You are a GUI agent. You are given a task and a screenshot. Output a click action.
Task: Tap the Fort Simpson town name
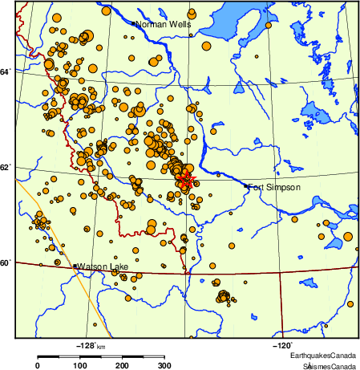point(274,187)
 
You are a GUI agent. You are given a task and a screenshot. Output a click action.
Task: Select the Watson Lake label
point(102,266)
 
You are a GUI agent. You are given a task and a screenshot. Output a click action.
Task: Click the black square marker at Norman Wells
point(133,24)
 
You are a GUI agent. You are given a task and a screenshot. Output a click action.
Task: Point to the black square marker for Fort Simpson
point(245,186)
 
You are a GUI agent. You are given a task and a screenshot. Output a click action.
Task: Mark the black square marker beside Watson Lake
point(75,266)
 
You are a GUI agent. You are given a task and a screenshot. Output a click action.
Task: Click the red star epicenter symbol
point(187,179)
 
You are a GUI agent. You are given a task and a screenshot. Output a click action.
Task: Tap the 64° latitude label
point(6,72)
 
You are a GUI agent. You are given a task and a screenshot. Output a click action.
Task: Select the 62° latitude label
point(6,167)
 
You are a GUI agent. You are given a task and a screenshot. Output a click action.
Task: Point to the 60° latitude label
point(6,262)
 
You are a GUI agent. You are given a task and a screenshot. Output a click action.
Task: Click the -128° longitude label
point(85,345)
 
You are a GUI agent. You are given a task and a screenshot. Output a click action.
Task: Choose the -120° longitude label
point(281,345)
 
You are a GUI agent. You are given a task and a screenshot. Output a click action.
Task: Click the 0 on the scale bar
point(38,365)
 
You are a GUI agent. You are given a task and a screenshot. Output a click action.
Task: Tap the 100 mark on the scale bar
point(80,365)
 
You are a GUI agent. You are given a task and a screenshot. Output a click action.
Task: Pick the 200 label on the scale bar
point(123,365)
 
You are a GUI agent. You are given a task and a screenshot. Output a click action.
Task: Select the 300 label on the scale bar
point(164,365)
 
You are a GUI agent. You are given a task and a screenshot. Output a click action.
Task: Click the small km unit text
point(101,346)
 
